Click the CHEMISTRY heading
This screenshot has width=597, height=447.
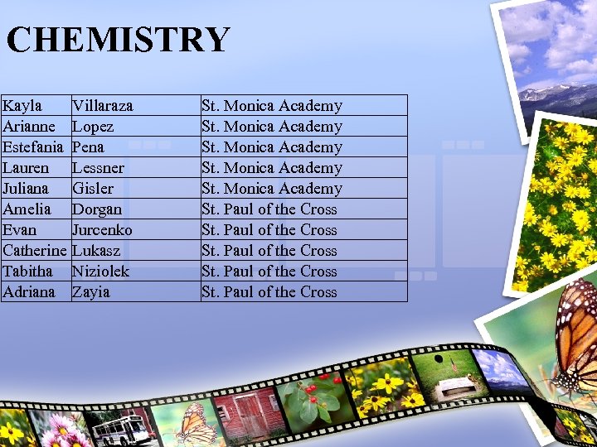point(118,40)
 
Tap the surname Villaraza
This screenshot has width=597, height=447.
point(103,106)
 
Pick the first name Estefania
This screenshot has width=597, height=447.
point(33,147)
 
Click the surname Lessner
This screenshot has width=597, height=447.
point(98,168)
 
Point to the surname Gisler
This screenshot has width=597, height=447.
point(92,189)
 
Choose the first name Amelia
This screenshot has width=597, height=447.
point(27,209)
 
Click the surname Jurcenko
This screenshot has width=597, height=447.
point(102,230)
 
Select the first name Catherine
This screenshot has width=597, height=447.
point(34,251)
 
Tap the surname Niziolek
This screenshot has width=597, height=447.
point(100,272)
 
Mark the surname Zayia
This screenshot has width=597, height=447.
point(90,292)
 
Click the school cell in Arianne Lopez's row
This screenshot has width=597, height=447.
point(272,127)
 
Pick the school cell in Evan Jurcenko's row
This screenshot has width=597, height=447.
point(269,230)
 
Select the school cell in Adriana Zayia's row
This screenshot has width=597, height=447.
point(269,292)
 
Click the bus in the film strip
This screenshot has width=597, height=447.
point(122,427)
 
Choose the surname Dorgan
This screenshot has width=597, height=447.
point(97,209)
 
